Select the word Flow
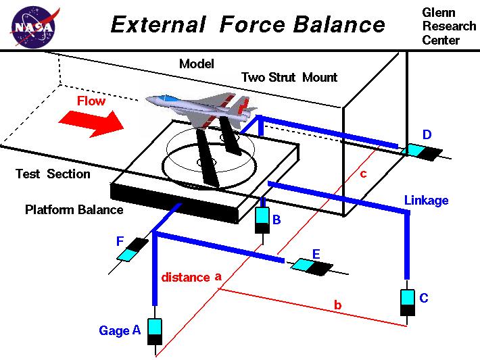91,101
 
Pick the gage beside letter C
407,301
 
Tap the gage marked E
311,266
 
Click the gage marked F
133,249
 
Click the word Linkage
426,201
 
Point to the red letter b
337,306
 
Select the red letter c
363,174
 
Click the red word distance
185,278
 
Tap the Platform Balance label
74,209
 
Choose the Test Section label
53,174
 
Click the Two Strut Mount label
289,77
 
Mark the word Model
196,64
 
